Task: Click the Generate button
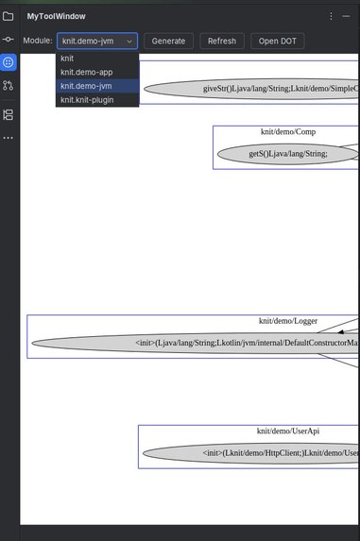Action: pyautogui.click(x=168, y=41)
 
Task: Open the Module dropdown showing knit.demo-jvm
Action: pyautogui.click(x=96, y=41)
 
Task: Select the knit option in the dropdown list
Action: pyautogui.click(x=68, y=59)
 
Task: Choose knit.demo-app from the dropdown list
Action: pyautogui.click(x=86, y=72)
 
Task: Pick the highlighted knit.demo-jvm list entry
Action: pyautogui.click(x=86, y=86)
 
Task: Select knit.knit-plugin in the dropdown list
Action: pyautogui.click(x=87, y=99)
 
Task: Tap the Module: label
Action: pyautogui.click(x=38, y=41)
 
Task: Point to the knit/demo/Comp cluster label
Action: pyautogui.click(x=286, y=131)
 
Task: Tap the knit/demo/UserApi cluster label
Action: pyautogui.click(x=283, y=431)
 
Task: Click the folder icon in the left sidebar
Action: pyautogui.click(x=9, y=16)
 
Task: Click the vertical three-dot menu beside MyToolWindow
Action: pyautogui.click(x=331, y=16)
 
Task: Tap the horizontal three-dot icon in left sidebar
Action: pyautogui.click(x=9, y=138)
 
